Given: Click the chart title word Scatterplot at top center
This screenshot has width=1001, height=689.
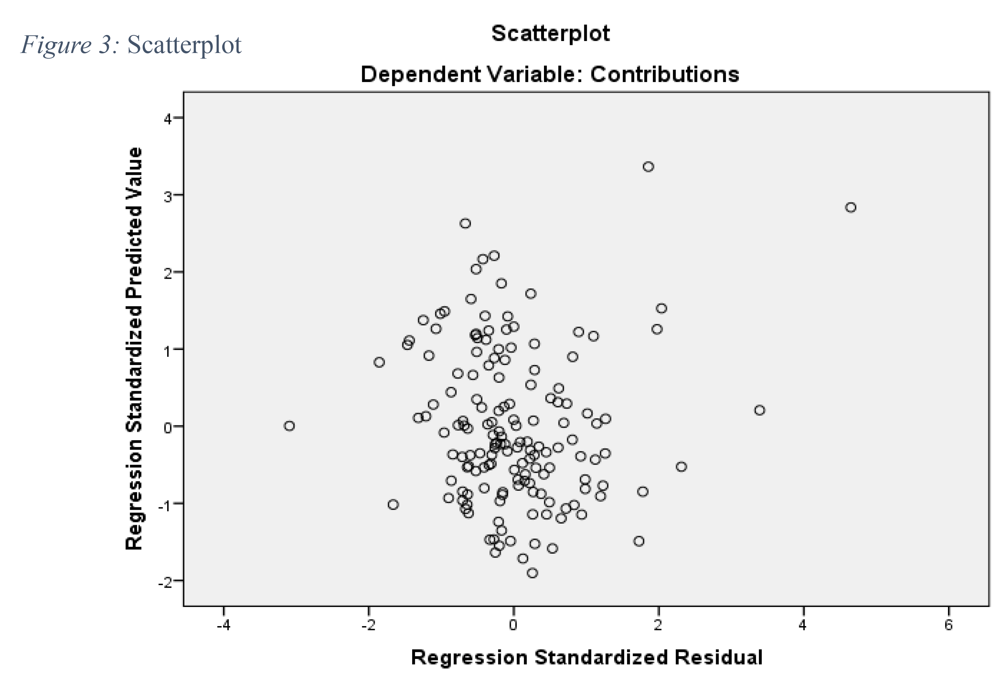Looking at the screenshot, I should pyautogui.click(x=550, y=34).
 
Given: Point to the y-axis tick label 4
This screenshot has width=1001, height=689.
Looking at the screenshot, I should pyautogui.click(x=168, y=119).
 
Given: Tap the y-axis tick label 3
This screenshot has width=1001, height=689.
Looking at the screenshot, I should pyautogui.click(x=168, y=196).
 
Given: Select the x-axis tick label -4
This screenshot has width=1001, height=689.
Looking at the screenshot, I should pyautogui.click(x=223, y=625).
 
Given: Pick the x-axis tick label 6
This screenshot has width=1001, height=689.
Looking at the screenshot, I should pyautogui.click(x=948, y=625).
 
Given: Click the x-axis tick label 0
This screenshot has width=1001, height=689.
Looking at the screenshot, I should pyautogui.click(x=513, y=625).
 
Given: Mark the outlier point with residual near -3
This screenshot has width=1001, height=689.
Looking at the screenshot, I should pyautogui.click(x=289, y=426).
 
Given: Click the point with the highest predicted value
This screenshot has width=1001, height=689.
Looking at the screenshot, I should pyautogui.click(x=648, y=167).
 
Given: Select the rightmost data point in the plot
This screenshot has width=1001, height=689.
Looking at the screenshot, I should pyautogui.click(x=850, y=207).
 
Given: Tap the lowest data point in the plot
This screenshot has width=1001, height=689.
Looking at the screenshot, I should pyautogui.click(x=532, y=573).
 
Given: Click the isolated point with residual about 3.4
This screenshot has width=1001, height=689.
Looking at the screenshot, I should pyautogui.click(x=759, y=410).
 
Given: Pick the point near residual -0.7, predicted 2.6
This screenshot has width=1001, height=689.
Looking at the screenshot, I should pyautogui.click(x=465, y=223).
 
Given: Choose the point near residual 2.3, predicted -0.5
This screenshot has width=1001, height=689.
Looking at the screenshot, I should pyautogui.click(x=681, y=467).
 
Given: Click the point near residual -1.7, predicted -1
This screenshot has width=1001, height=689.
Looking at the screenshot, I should pyautogui.click(x=393, y=504).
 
